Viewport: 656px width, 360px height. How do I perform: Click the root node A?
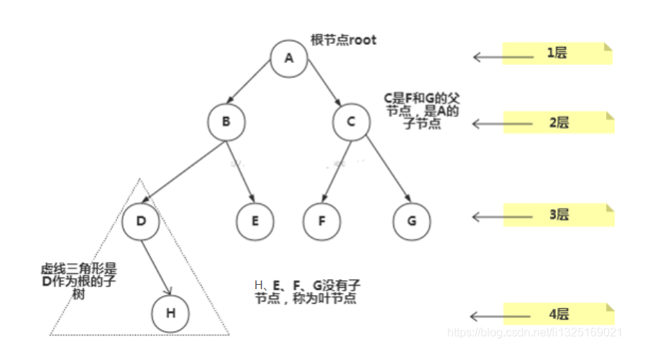289,58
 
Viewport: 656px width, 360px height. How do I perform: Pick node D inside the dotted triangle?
140,220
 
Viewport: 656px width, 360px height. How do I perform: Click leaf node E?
255,220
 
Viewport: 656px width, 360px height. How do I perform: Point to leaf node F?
321,220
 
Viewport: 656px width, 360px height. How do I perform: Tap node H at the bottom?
171,313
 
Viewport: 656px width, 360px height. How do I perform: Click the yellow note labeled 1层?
557,53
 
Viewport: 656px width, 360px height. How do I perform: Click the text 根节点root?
343,40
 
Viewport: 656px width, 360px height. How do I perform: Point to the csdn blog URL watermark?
535,333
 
